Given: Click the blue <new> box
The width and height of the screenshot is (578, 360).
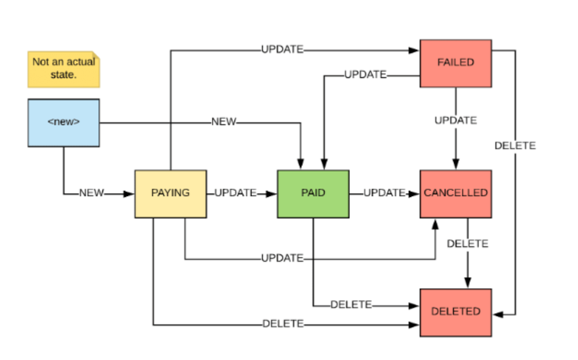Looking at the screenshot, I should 64,123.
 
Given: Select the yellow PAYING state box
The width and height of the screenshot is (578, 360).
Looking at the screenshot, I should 171,193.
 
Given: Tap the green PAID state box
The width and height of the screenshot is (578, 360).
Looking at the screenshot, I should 313,193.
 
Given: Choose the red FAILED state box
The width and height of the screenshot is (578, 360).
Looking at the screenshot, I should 455,63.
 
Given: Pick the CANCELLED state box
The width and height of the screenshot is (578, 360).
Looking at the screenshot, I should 455,193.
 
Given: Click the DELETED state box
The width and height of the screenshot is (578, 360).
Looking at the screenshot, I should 455,312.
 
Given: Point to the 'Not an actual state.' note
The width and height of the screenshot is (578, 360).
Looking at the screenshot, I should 64,68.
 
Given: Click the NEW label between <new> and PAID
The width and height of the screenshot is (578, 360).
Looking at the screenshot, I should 224,122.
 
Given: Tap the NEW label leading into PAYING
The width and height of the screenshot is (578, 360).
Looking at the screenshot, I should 91,193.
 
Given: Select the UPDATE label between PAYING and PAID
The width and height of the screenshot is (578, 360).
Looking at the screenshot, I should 235,193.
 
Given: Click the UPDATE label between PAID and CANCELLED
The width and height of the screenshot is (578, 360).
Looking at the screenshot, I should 384,193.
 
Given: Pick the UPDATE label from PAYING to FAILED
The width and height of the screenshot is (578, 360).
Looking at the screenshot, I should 282,50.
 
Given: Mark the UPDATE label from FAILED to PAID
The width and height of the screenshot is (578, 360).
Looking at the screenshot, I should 365,75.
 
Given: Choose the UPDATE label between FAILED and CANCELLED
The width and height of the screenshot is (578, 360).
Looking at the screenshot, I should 455,121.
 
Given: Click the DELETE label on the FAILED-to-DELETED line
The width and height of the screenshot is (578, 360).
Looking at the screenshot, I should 515,146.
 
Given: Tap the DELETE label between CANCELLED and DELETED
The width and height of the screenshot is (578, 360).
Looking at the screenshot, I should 468,244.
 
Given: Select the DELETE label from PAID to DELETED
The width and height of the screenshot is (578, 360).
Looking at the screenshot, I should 351,305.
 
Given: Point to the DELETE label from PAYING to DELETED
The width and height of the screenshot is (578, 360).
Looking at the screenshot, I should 283,324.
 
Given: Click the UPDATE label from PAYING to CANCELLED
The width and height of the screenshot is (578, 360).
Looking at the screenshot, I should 282,258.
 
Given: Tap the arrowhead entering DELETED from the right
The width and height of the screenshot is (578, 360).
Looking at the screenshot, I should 497,314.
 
